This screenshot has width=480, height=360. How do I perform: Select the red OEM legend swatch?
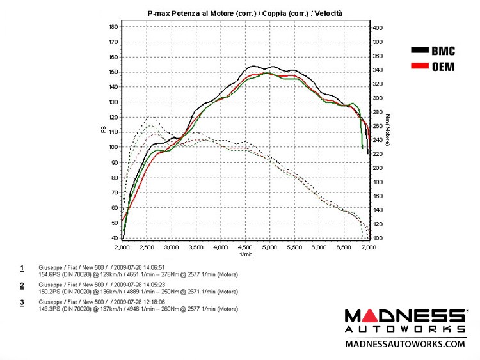pyautogui.click(x=420, y=66)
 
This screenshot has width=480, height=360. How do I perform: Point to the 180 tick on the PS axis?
pyautogui.click(x=113, y=27)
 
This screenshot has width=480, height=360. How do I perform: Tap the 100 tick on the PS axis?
pyautogui.click(x=113, y=147)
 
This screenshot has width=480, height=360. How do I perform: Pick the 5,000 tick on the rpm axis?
pyautogui.click(x=269, y=246)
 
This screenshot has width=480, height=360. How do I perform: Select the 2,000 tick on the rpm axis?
pyautogui.click(x=122, y=246)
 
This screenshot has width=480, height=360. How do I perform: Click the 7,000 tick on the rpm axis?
pyautogui.click(x=368, y=246)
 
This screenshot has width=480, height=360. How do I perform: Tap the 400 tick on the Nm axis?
pyautogui.click(x=378, y=28)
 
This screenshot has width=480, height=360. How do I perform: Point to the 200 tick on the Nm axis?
pyautogui.click(x=378, y=168)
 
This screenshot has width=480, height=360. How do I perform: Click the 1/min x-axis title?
pyautogui.click(x=244, y=254)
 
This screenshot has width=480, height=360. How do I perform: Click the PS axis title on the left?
pyautogui.click(x=103, y=129)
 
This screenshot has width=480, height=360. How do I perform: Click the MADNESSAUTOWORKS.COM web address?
pyautogui.click(x=405, y=344)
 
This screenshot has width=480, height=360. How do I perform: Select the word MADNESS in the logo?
pyautogui.click(x=405, y=315)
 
